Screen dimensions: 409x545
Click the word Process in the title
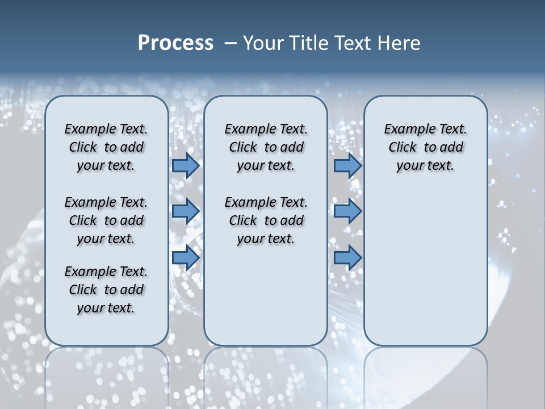point(175,43)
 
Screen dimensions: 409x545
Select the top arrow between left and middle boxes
point(186,165)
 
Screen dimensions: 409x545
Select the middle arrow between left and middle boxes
point(186,211)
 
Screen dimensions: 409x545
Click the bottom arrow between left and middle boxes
point(186,257)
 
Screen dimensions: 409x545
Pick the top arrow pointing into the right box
point(347,165)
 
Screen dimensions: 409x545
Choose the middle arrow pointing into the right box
point(347,211)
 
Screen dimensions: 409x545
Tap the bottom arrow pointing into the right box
point(347,257)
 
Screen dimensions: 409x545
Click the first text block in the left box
point(106,147)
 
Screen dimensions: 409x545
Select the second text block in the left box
point(106,220)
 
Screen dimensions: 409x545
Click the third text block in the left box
point(106,290)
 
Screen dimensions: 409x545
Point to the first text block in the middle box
point(266,147)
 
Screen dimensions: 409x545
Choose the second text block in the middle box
point(266,220)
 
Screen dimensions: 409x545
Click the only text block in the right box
point(425,147)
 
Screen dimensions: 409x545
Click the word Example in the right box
point(405,130)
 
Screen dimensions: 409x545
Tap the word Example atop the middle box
point(245,130)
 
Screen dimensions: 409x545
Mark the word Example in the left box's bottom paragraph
point(85,272)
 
